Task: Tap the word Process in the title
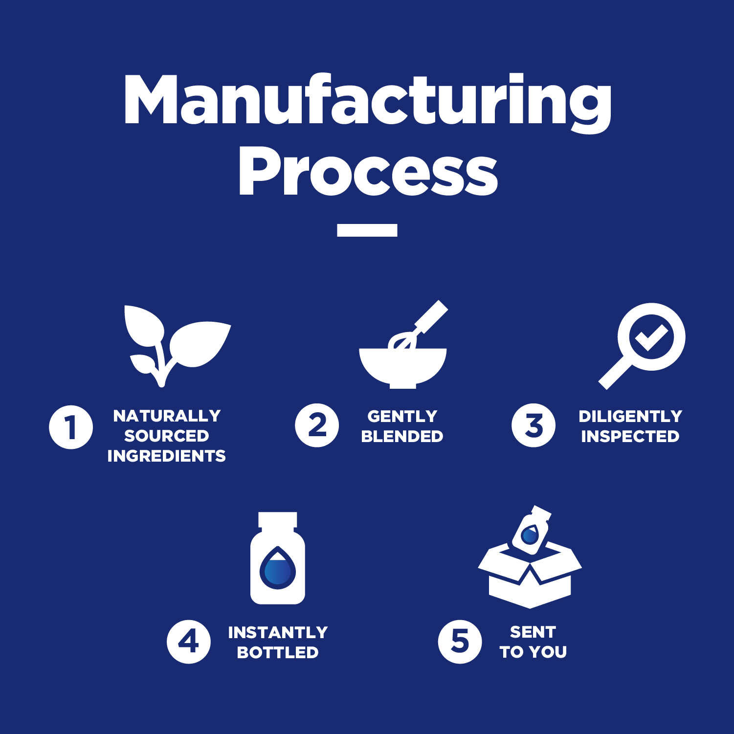point(368,171)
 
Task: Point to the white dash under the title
point(367,230)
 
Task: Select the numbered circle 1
point(71,427)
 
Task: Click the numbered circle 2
point(317,425)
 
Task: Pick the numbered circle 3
point(534,425)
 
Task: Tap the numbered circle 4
point(189,642)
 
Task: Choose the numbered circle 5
point(460,642)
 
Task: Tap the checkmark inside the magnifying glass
point(651,337)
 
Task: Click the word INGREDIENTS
point(167,456)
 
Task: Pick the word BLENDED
point(402,436)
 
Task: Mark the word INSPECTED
point(630,436)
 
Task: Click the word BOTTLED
point(278,652)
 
